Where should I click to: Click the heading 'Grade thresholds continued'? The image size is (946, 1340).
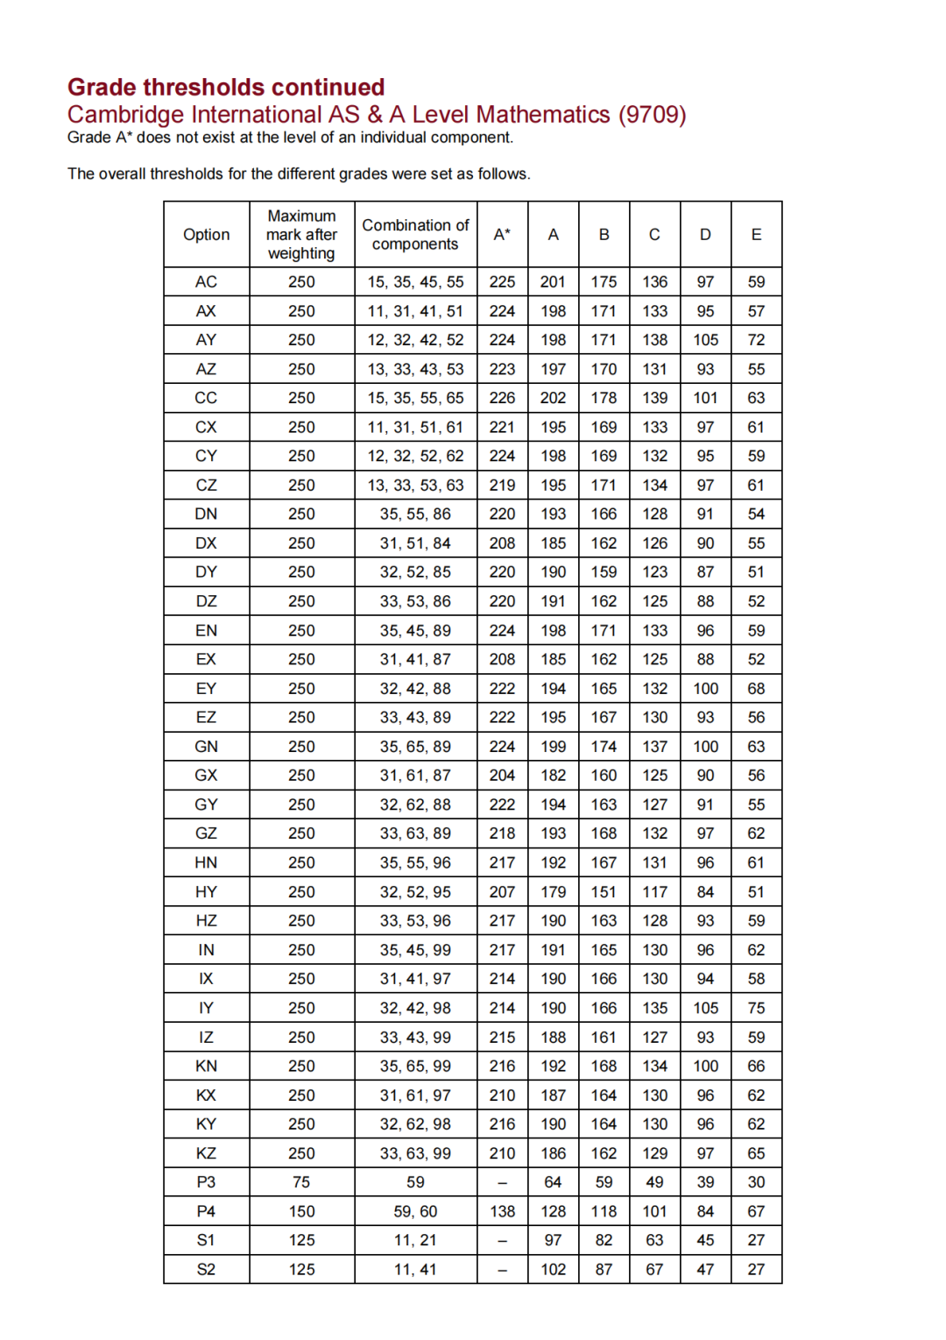pyautogui.click(x=226, y=88)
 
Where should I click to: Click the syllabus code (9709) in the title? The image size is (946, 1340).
pyautogui.click(x=652, y=115)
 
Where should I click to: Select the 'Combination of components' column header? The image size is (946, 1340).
pyautogui.click(x=415, y=235)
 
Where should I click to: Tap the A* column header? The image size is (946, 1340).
pyautogui.click(x=502, y=235)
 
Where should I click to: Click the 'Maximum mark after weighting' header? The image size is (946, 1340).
pyautogui.click(x=301, y=235)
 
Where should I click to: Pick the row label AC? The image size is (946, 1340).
pyautogui.click(x=206, y=282)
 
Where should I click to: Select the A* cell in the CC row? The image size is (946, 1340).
pyautogui.click(x=502, y=398)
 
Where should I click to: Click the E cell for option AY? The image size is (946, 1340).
pyautogui.click(x=756, y=340)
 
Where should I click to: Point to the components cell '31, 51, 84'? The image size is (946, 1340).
pyautogui.click(x=415, y=543)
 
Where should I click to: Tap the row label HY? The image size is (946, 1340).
pyautogui.click(x=206, y=892)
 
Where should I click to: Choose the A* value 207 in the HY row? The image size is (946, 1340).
pyautogui.click(x=502, y=892)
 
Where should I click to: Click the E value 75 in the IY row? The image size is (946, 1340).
pyautogui.click(x=756, y=1008)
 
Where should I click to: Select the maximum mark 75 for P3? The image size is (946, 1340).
pyautogui.click(x=301, y=1182)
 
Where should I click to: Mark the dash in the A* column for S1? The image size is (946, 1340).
pyautogui.click(x=502, y=1241)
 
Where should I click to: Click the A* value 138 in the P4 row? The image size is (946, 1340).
pyautogui.click(x=502, y=1211)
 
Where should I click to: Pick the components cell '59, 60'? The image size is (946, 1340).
pyautogui.click(x=415, y=1211)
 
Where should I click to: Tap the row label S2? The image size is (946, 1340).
pyautogui.click(x=206, y=1270)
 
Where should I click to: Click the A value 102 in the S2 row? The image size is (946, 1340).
pyautogui.click(x=553, y=1270)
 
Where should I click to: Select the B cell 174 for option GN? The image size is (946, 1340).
pyautogui.click(x=604, y=747)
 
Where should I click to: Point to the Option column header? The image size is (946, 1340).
pyautogui.click(x=206, y=235)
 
